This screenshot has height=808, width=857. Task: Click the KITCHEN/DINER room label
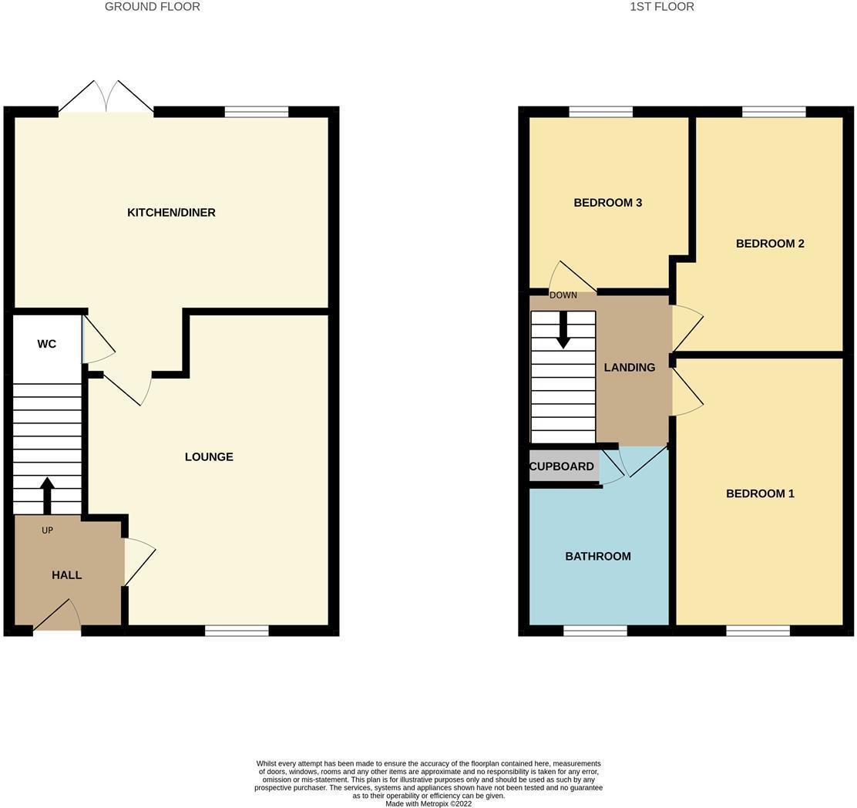[x=171, y=212]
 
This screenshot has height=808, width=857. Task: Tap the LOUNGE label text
[x=209, y=456]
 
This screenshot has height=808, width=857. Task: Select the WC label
[x=46, y=344]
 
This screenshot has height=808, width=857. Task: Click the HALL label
[x=67, y=575]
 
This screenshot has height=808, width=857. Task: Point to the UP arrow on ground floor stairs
[x=47, y=494]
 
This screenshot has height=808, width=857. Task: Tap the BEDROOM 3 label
[x=607, y=203]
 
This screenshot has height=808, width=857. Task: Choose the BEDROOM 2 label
[x=770, y=244]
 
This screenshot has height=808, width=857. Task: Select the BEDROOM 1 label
[x=760, y=493]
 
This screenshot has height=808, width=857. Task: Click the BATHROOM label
[x=598, y=556]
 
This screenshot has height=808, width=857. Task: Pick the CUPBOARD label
[x=562, y=466]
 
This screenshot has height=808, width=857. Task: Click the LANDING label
[x=630, y=368]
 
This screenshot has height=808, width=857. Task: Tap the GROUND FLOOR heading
[x=153, y=7]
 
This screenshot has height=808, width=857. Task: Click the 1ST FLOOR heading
[x=662, y=7]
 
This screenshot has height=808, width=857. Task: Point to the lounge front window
[x=237, y=631]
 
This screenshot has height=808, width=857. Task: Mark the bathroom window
[x=595, y=631]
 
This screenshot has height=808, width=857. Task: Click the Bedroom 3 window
[x=600, y=112]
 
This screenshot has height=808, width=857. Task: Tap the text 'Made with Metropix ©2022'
[x=428, y=803]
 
